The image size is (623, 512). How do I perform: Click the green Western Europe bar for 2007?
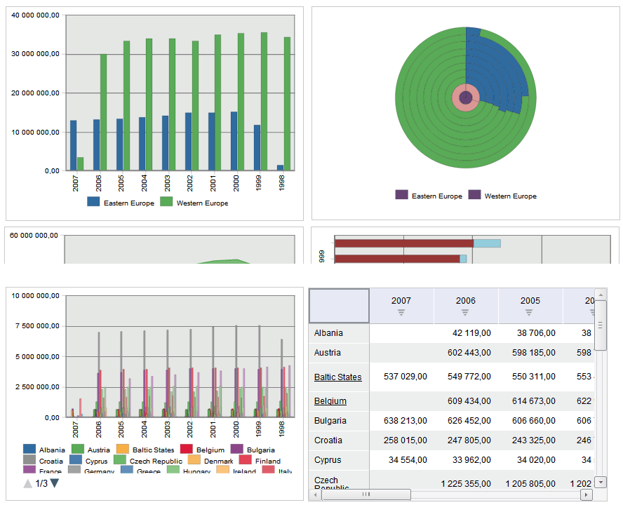click(81, 163)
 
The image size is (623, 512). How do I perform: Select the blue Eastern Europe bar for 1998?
click(280, 168)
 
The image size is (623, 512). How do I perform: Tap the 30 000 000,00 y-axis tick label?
click(35, 54)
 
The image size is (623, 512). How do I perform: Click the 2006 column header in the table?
click(466, 301)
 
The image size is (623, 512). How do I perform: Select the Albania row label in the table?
click(329, 333)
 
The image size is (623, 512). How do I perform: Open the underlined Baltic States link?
click(337, 377)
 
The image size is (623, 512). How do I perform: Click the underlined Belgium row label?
click(330, 401)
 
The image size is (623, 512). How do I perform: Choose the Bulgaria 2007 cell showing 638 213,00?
click(405, 421)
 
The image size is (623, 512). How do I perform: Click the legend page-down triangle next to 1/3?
click(55, 483)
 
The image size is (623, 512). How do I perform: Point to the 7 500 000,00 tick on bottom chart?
click(35, 326)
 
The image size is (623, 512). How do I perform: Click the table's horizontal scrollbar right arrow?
click(587, 494)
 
